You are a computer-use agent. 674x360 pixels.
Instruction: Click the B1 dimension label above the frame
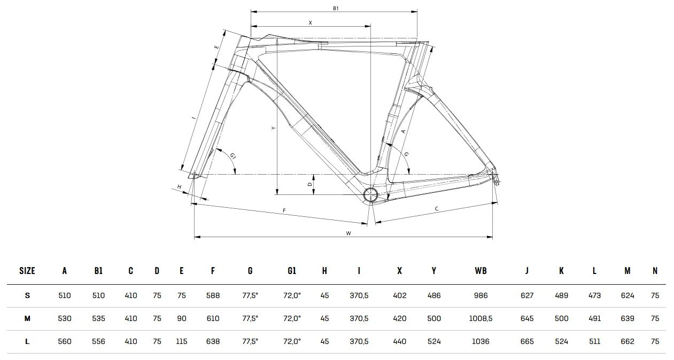tap(336, 8)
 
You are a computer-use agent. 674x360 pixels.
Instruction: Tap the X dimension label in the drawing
tap(310, 22)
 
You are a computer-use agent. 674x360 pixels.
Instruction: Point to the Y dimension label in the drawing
tap(273, 128)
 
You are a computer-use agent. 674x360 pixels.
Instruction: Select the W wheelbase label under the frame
tap(348, 233)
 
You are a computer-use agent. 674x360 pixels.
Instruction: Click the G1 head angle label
tap(233, 155)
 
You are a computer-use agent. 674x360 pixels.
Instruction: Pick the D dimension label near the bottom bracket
tap(309, 184)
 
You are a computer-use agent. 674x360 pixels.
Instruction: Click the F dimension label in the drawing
tap(284, 210)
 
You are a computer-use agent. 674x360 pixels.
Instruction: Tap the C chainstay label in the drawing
tap(437, 208)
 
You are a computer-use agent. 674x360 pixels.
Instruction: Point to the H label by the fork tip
tap(179, 187)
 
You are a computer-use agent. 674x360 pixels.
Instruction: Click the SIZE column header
tap(27, 271)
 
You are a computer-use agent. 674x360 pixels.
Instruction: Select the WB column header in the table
tap(481, 271)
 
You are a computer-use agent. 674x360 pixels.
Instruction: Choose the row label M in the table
tap(27, 318)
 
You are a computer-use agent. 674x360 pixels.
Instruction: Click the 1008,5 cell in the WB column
tap(481, 318)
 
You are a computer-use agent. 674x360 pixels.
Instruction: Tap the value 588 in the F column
tap(213, 295)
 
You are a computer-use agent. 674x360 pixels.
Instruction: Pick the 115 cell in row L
tap(182, 341)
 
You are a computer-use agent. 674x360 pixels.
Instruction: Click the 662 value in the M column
tap(627, 341)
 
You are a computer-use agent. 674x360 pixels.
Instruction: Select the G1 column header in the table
tap(291, 271)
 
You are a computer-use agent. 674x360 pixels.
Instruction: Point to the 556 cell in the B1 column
tap(98, 341)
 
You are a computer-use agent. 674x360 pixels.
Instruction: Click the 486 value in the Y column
tap(434, 295)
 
